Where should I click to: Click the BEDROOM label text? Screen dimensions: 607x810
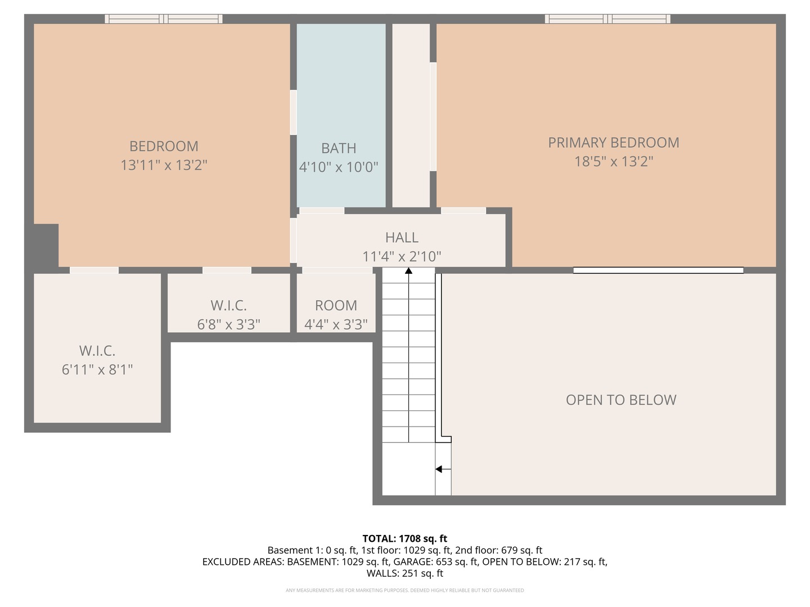(164, 146)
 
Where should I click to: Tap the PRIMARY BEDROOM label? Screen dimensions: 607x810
(614, 143)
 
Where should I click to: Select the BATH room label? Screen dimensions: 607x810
(339, 148)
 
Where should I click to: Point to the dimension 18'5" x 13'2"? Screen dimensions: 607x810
(614, 162)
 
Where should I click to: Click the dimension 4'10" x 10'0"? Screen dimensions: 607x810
(339, 167)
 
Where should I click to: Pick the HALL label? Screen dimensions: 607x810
(402, 238)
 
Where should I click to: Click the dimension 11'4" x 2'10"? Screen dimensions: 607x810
(402, 257)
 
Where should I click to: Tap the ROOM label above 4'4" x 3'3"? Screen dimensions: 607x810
(336, 306)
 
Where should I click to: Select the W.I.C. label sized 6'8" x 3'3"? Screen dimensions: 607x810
(228, 306)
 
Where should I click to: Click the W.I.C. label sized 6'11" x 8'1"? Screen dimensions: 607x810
(97, 351)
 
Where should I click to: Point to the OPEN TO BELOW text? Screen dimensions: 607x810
(621, 400)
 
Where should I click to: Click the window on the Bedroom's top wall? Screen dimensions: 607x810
(164, 19)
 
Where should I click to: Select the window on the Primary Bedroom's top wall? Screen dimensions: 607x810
(607, 19)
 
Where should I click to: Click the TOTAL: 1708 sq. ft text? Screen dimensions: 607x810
(405, 538)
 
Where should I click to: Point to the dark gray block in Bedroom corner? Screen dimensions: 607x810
(46, 245)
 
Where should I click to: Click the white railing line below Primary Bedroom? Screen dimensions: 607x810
(658, 270)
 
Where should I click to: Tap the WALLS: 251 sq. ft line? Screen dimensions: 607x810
(405, 573)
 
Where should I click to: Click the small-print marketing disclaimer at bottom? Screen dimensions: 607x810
(405, 590)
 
